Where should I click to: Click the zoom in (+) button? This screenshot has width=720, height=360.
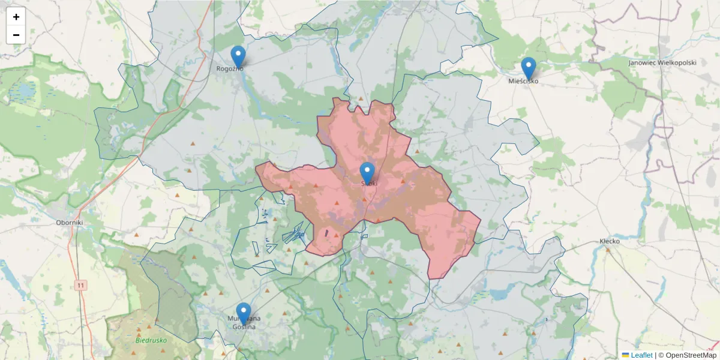(16, 17)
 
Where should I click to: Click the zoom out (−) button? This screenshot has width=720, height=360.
(16, 35)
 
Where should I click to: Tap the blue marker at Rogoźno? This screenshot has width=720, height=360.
(238, 56)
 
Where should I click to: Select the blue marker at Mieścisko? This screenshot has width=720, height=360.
(528, 68)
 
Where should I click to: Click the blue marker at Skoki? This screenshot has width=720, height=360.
(367, 173)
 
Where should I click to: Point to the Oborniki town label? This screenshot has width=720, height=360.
(68, 222)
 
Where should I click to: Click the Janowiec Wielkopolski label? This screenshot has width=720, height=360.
(662, 62)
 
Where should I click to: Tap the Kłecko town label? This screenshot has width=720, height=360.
(610, 241)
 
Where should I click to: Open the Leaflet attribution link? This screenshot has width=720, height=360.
(641, 355)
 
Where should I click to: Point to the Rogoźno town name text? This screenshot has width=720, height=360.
(230, 69)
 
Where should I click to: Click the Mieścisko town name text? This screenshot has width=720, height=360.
(523, 81)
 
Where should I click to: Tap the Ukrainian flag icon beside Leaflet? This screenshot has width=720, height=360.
(626, 355)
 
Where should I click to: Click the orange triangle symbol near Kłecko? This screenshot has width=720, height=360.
(608, 250)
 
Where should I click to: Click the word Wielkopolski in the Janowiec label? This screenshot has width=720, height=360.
(675, 62)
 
